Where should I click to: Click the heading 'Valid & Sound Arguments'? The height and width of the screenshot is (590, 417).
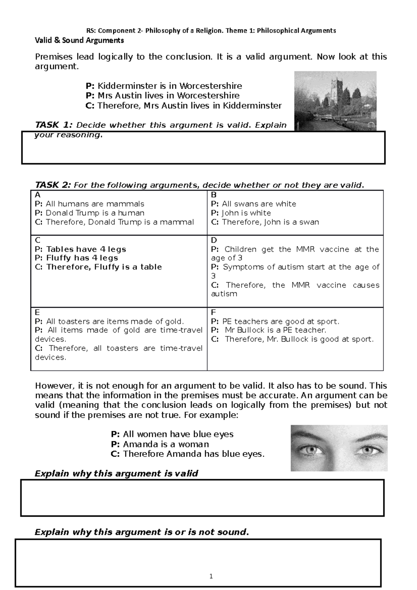pos(79,40)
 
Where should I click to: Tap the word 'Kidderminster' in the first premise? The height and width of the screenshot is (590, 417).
pos(120,86)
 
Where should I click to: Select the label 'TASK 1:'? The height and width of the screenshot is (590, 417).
pos(54,125)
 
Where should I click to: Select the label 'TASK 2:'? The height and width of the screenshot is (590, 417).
pos(54,185)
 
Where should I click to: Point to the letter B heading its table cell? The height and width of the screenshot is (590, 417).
pos(214,195)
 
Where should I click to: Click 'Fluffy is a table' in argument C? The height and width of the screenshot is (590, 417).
pos(128,267)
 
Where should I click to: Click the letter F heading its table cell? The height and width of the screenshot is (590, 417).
pos(213,312)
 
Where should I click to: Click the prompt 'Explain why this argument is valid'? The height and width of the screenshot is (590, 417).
pos(116,474)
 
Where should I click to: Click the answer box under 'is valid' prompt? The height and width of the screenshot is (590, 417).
pos(202,498)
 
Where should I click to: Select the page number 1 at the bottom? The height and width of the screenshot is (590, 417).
pos(211,576)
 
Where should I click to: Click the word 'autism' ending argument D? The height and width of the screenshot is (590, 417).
pos(224,294)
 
